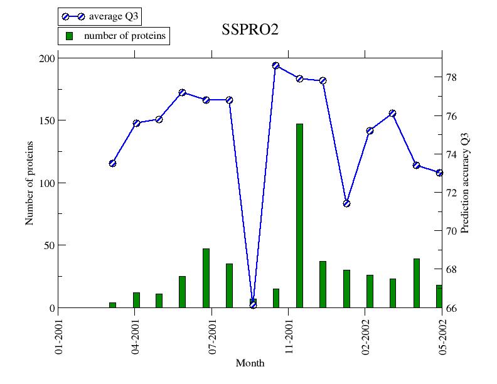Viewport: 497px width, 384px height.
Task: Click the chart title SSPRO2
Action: tap(250, 30)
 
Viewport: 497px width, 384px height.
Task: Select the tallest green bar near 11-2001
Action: tap(299, 215)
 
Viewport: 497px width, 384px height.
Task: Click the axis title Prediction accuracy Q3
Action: tap(465, 183)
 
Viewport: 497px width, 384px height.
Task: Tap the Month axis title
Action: tap(250, 363)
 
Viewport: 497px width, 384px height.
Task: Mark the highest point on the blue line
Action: tap(275, 65)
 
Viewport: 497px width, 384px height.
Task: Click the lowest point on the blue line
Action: tap(253, 304)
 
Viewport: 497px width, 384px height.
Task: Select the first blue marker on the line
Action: tap(112, 163)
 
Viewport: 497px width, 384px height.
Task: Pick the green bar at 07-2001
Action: tap(206, 278)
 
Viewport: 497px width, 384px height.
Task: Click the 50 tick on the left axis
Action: tap(50, 245)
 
